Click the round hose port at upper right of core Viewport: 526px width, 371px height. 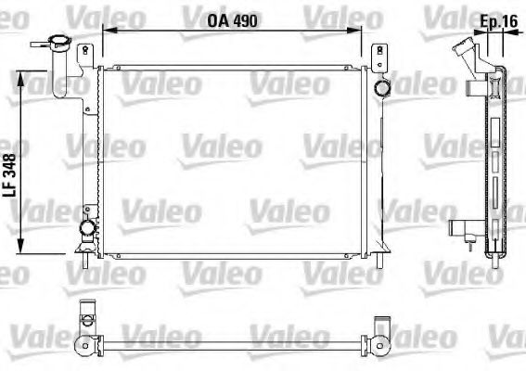381,89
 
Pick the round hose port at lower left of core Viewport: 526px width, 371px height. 87,228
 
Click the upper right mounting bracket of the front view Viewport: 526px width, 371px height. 378,58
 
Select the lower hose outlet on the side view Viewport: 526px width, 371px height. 460,229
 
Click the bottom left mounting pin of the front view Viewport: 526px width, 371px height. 86,261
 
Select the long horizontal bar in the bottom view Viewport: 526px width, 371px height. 232,348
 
